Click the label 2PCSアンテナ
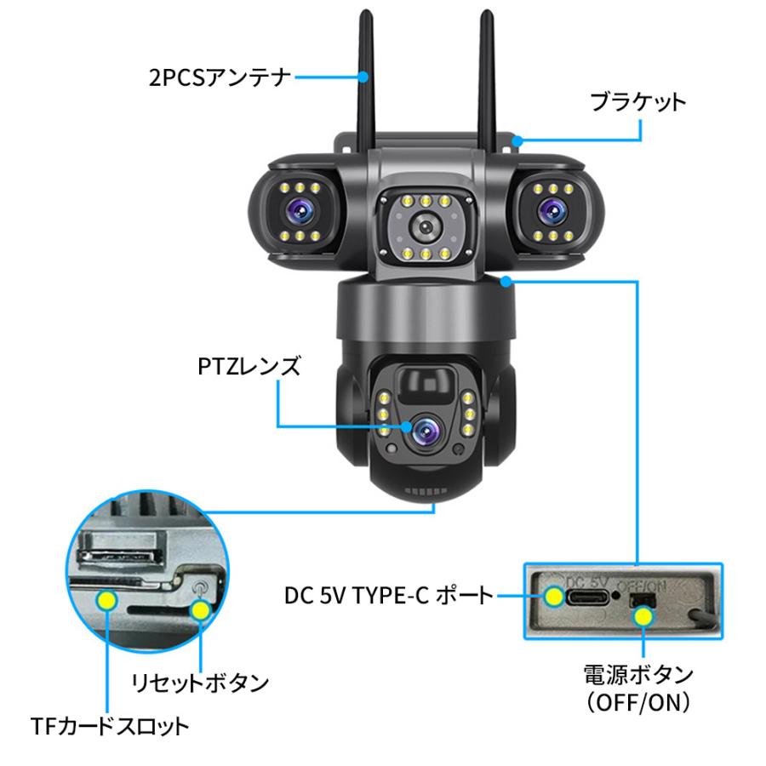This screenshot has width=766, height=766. [x=217, y=78]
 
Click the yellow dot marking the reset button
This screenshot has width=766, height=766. [x=202, y=609]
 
